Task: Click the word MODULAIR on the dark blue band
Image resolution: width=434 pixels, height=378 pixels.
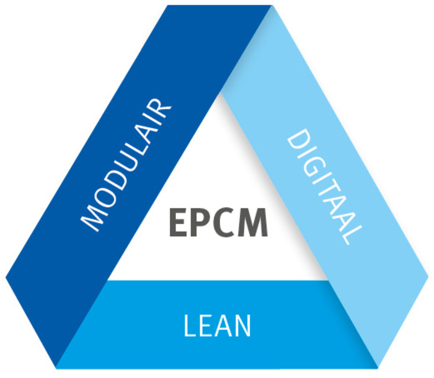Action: click(x=126, y=165)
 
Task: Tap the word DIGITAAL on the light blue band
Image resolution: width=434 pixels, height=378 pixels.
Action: click(x=324, y=186)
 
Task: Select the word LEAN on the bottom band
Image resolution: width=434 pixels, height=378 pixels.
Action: click(x=217, y=325)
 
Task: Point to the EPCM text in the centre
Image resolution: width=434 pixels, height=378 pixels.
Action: click(x=218, y=222)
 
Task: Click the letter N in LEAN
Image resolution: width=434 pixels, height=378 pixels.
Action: click(x=241, y=326)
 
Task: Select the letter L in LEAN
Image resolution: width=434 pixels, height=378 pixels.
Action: click(x=190, y=326)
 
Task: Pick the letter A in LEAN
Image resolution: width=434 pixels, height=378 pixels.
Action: click(x=221, y=326)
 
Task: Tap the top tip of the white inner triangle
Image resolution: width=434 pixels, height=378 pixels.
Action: click(x=219, y=92)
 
